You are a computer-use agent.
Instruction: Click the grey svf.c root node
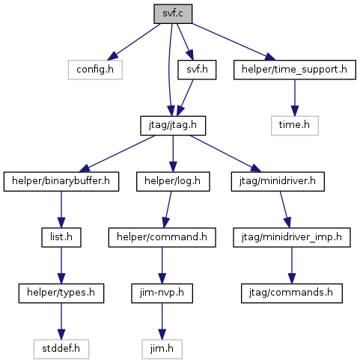173,13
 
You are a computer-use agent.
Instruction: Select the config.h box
95,70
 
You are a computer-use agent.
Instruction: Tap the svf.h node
197,70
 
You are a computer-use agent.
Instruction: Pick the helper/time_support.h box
295,70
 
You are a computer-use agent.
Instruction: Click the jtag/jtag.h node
173,126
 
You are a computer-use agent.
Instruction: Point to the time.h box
295,126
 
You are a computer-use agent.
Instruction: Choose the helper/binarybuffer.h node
61,181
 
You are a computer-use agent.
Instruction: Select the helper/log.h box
173,181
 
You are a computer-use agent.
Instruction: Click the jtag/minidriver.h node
278,181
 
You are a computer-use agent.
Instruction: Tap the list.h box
61,237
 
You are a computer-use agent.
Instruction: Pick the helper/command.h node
162,237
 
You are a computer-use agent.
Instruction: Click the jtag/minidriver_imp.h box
292,237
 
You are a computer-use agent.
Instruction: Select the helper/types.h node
61,293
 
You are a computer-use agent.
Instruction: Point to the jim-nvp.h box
162,293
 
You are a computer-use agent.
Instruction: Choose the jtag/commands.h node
292,293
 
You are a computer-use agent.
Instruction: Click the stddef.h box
61,349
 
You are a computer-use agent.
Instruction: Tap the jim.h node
162,349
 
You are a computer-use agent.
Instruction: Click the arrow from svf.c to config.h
134,42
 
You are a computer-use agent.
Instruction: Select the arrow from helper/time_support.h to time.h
295,98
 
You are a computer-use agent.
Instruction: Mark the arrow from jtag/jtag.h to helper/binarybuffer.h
117,153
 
